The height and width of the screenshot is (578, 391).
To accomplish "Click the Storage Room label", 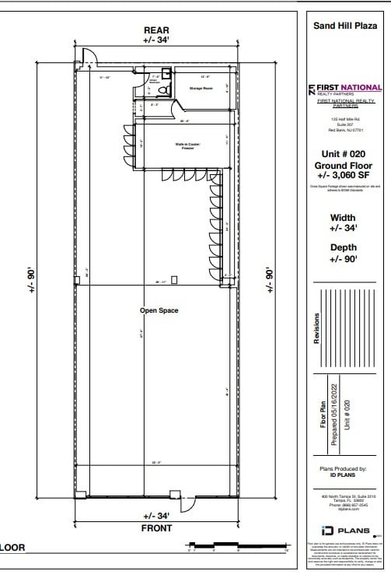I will click(x=201, y=89).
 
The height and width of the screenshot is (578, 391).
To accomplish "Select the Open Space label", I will click(x=159, y=310).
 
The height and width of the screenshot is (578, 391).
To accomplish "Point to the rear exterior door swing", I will click(x=89, y=55).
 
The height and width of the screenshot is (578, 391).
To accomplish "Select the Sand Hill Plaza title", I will click(x=344, y=25).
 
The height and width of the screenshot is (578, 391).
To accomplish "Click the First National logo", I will click(x=344, y=89).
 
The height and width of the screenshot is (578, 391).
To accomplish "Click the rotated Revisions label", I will click(x=316, y=334).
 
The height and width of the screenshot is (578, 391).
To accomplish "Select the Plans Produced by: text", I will click(x=344, y=468).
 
